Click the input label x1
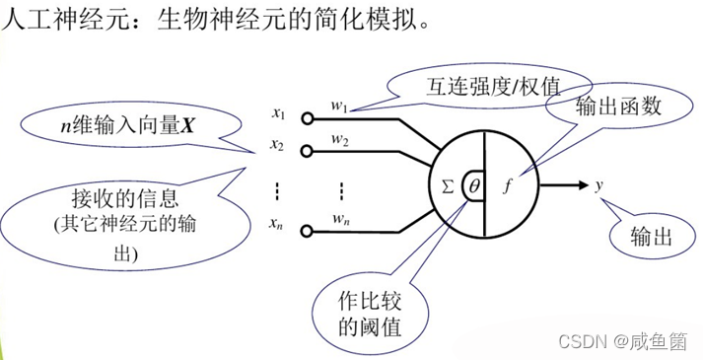tap(279, 114)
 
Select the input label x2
tap(279, 146)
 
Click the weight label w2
tap(340, 141)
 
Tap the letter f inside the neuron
tap(507, 182)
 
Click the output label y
tap(599, 183)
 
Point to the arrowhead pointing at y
tap(582, 183)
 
